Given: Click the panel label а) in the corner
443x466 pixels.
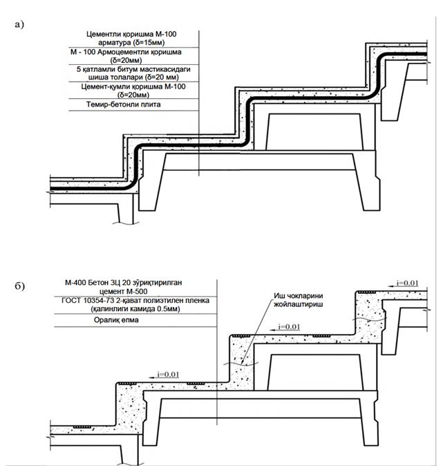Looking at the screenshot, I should coord(18,24).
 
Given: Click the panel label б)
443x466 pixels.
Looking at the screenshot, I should coord(18,285).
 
